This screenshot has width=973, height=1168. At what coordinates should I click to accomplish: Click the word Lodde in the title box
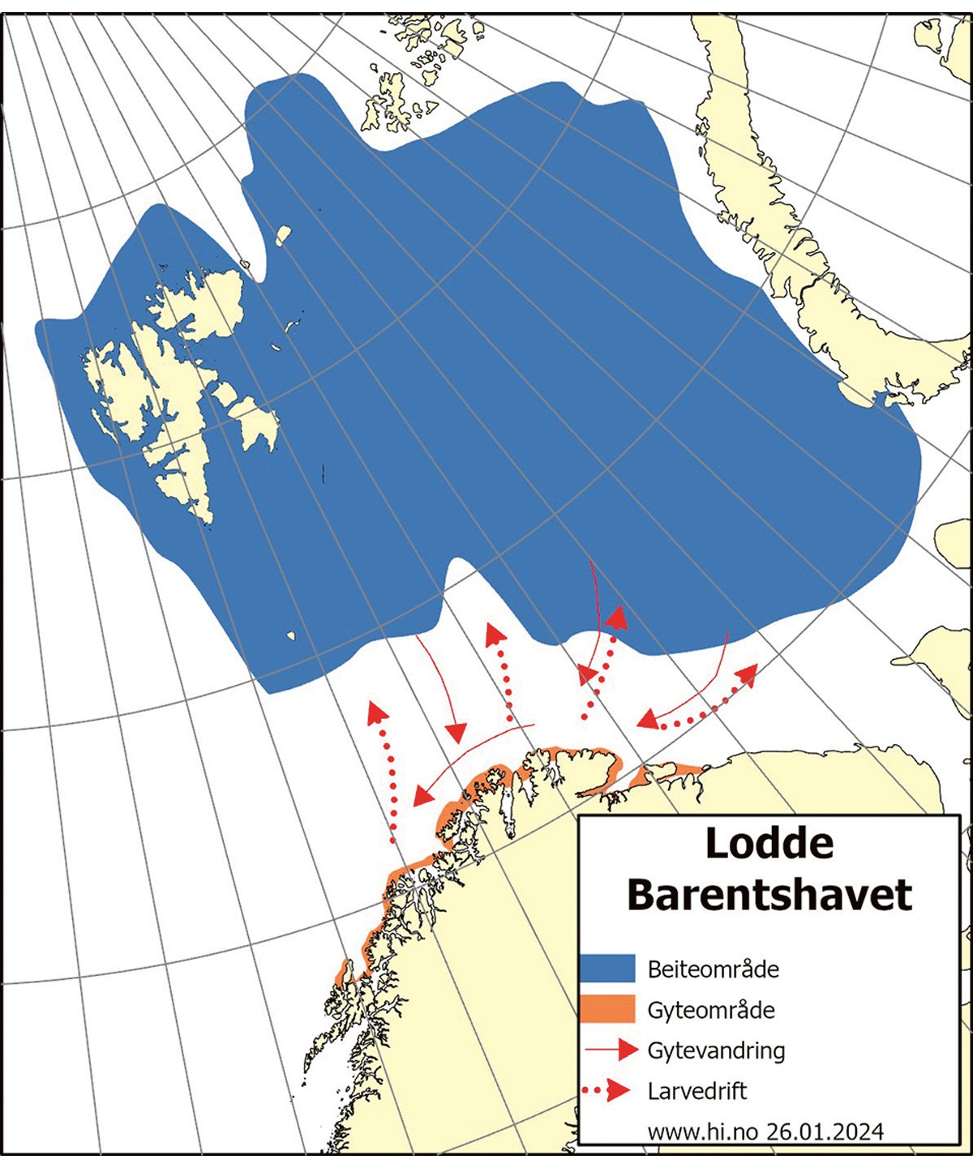click(769, 845)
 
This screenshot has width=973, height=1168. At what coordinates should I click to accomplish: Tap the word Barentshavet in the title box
click(769, 895)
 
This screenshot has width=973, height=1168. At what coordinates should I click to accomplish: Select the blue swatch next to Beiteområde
click(607, 969)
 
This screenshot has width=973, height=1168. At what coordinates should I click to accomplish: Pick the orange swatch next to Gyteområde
click(607, 1009)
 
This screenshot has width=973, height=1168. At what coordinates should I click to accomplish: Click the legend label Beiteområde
click(713, 969)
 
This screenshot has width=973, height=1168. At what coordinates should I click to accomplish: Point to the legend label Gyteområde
click(711, 1011)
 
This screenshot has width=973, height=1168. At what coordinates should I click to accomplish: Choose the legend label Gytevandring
click(716, 1050)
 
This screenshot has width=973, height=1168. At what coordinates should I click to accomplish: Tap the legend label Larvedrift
click(697, 1090)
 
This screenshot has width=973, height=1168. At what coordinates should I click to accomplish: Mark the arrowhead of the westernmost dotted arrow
click(375, 712)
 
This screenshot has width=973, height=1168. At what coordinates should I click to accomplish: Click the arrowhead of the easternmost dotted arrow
click(747, 673)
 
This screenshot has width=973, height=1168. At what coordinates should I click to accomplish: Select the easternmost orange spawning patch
click(665, 772)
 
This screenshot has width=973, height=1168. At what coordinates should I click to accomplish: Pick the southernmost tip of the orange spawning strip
click(342, 974)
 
